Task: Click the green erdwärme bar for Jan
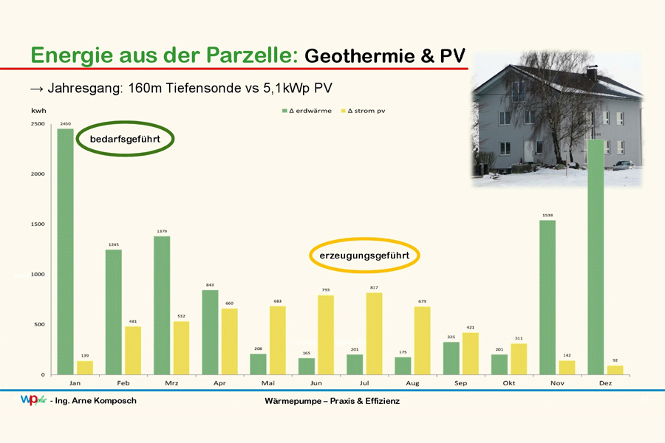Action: coord(65,252)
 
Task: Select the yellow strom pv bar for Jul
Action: coord(374,334)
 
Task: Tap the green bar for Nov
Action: coord(548,298)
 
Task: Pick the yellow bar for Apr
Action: coord(230,342)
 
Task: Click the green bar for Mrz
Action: coord(162,306)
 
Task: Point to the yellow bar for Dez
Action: coord(615,370)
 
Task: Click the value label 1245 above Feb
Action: coord(114,244)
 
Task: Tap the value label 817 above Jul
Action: coord(374,287)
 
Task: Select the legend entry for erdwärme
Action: coord(307,111)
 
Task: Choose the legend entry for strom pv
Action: coord(363,111)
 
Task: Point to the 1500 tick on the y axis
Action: coord(38,224)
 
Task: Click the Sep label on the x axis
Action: coord(460,383)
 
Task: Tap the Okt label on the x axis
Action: coord(509,383)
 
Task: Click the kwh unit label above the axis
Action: coord(38,111)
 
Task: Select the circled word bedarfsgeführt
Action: coord(125,139)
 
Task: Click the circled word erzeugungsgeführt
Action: coord(364,255)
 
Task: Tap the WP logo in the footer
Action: coord(33,399)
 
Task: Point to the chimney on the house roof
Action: coord(592,73)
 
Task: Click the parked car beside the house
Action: coord(623,165)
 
